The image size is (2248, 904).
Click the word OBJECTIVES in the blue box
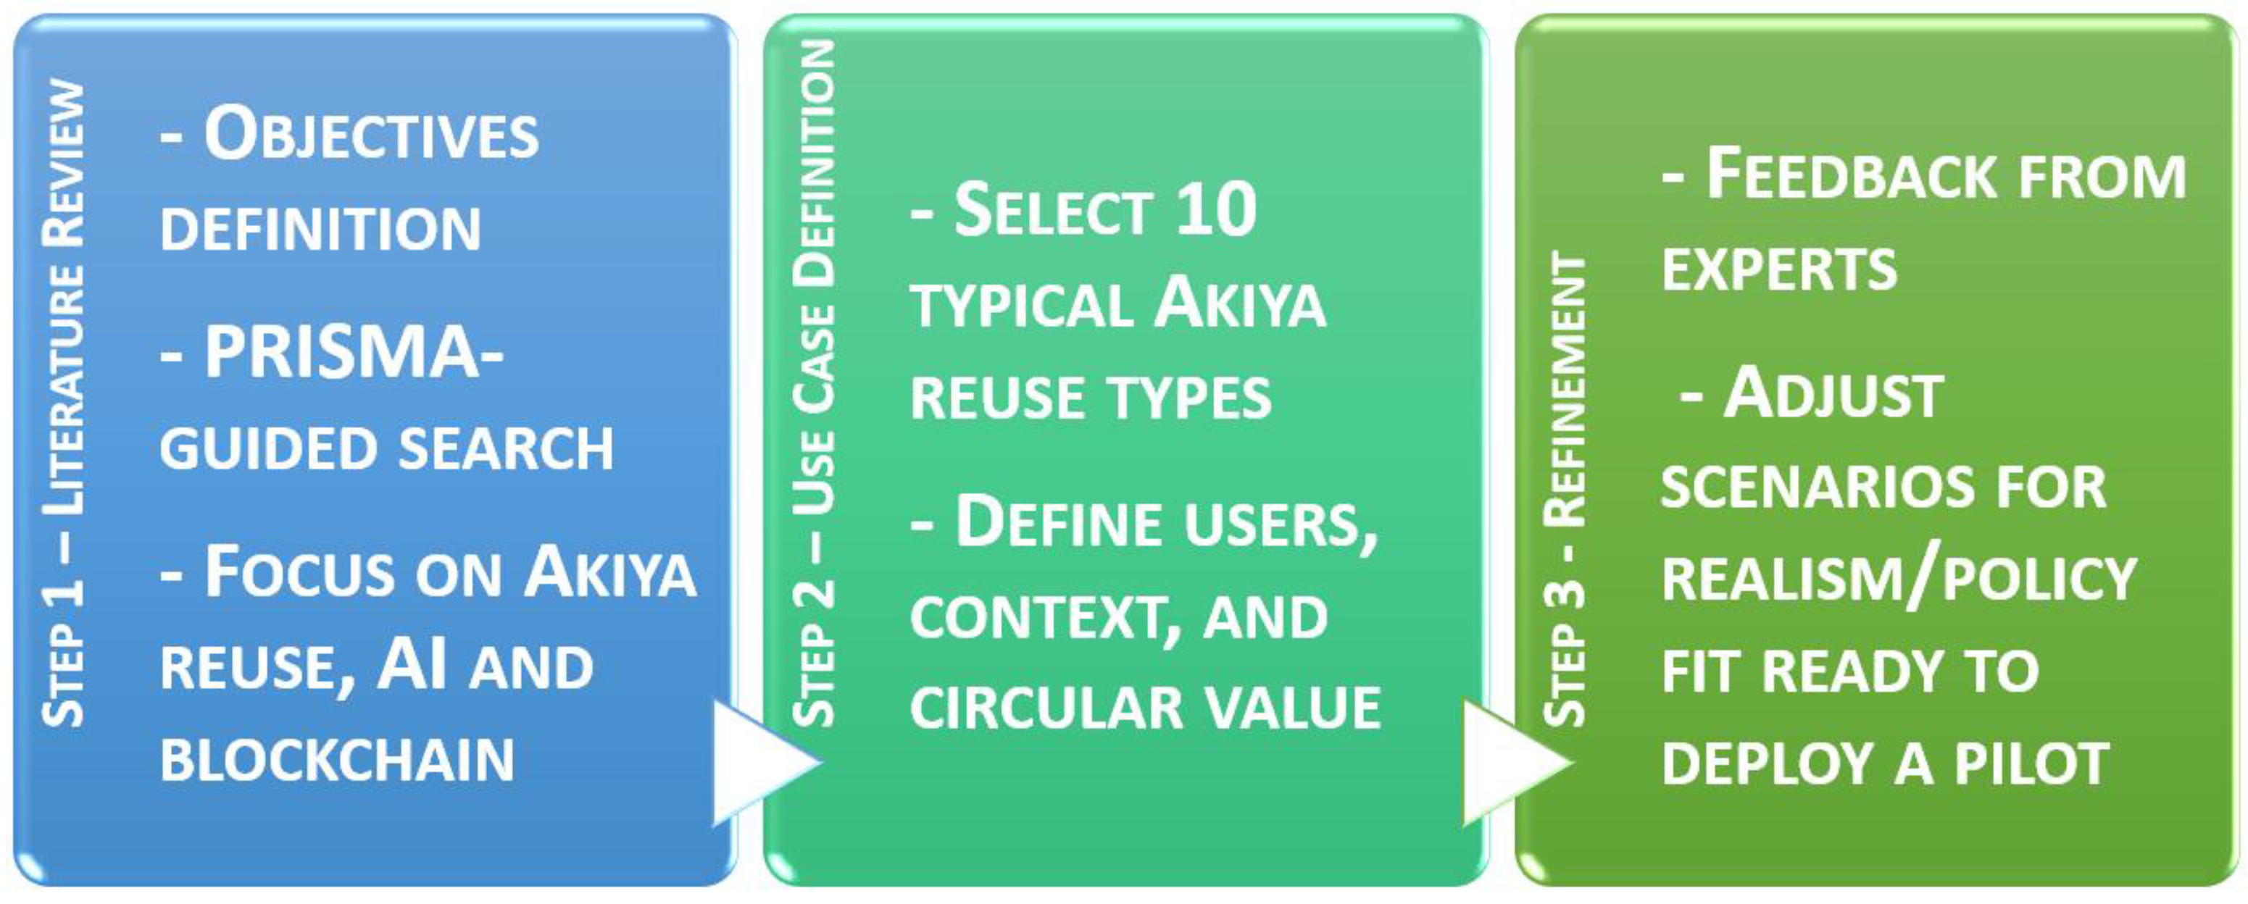click(371, 136)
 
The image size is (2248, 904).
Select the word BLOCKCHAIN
click(337, 760)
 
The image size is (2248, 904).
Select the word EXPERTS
click(1779, 269)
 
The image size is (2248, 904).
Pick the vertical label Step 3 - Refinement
click(1564, 489)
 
